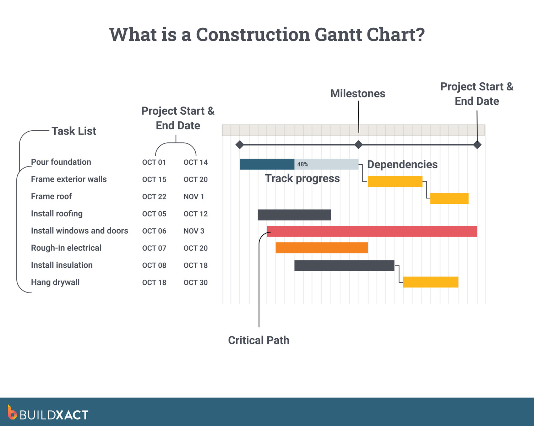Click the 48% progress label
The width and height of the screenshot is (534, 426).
click(303, 164)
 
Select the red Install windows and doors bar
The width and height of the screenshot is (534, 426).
click(372, 231)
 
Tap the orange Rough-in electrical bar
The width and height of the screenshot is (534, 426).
click(322, 248)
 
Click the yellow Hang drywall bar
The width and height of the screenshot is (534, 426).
click(431, 282)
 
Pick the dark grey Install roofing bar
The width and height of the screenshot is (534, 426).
click(294, 215)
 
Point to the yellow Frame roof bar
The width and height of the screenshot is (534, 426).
click(449, 198)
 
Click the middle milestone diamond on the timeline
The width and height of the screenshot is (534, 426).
click(359, 144)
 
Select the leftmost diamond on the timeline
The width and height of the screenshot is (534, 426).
click(240, 144)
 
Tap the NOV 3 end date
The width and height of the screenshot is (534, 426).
click(194, 231)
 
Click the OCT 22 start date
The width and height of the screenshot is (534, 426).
click(154, 197)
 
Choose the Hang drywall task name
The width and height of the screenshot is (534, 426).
click(55, 282)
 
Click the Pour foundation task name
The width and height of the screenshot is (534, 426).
click(61, 162)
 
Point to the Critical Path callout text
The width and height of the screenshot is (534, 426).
click(258, 340)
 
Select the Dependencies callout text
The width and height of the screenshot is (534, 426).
click(402, 164)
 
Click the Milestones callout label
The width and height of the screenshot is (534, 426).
click(358, 93)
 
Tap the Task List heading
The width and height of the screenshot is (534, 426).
click(74, 131)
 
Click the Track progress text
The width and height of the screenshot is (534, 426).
click(302, 178)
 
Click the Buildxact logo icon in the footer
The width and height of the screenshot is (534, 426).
click(12, 413)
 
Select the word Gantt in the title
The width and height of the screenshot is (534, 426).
click(338, 34)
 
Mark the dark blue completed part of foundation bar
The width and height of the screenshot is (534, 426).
click(267, 164)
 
